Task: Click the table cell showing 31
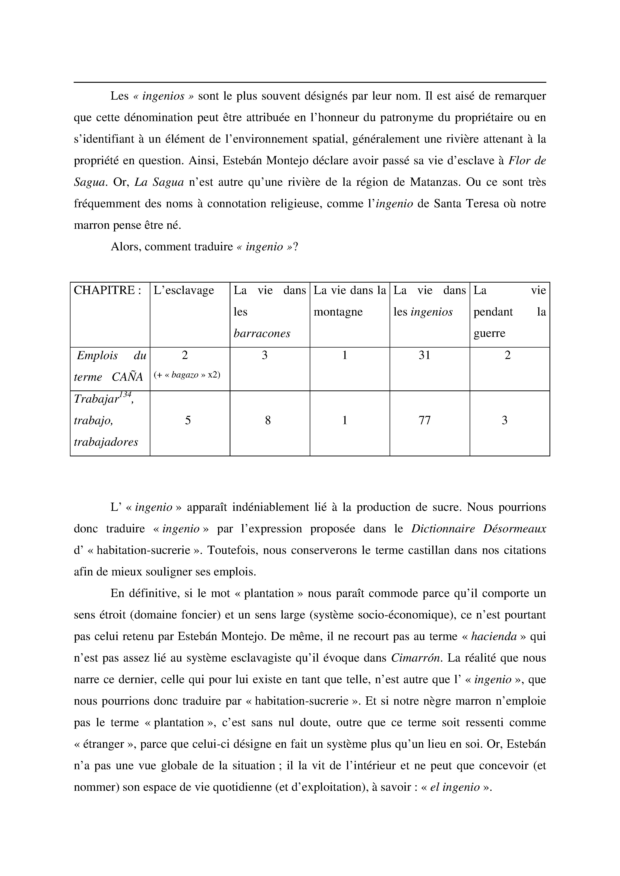pos(424,356)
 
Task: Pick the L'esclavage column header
pos(184,291)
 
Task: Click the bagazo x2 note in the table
pos(187,375)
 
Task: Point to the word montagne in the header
pos(338,312)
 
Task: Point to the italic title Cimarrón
pos(416,658)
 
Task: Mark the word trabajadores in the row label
pos(106,442)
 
